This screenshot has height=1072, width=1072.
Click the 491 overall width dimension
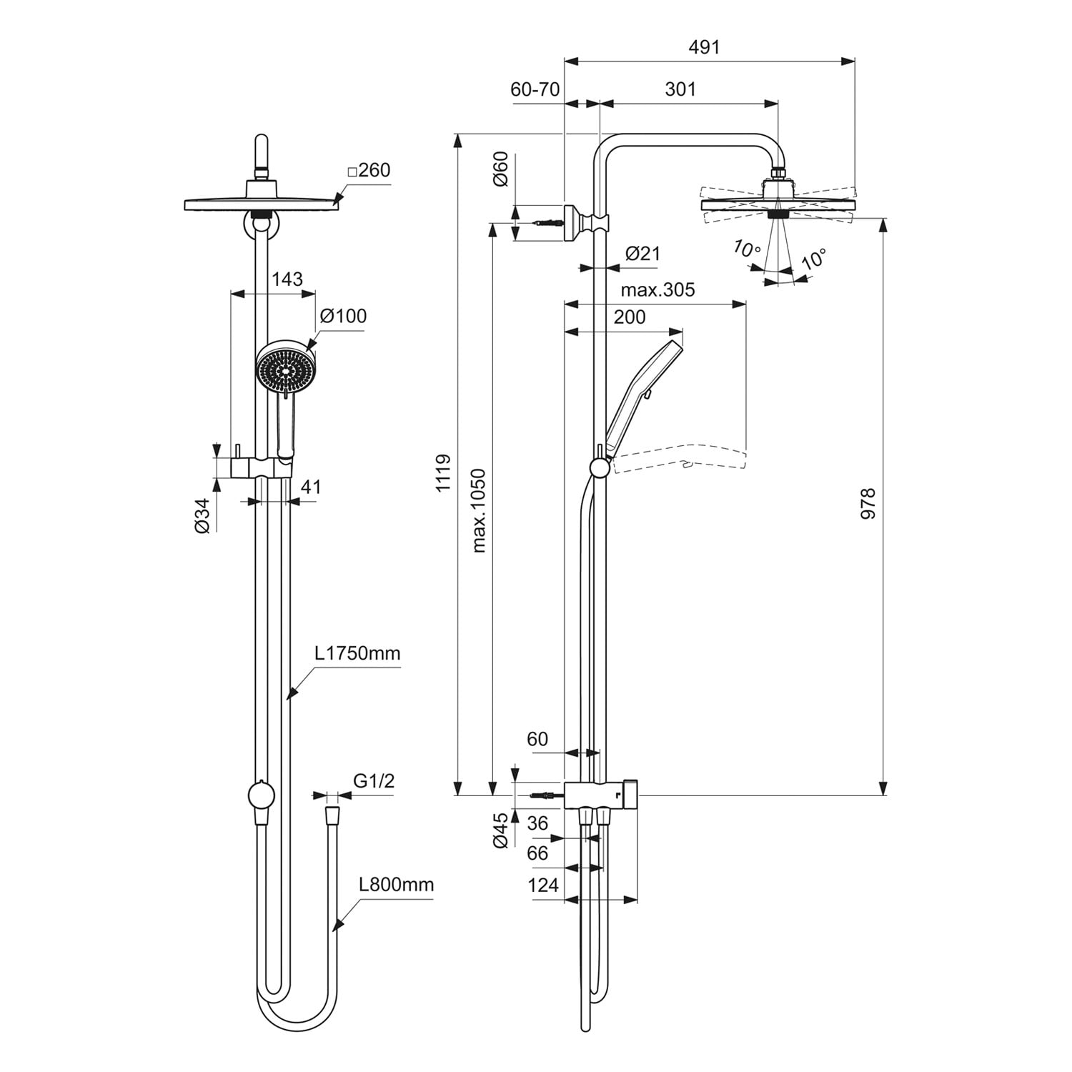[x=704, y=47]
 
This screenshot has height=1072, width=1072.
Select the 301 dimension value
[x=680, y=89]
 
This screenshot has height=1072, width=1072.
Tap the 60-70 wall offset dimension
[x=535, y=89]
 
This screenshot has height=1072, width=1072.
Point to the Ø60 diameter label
[x=500, y=169]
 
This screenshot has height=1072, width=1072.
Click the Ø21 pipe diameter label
[x=642, y=253]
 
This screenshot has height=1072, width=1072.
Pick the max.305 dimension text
[x=657, y=289]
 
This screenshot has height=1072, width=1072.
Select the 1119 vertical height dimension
[x=444, y=472]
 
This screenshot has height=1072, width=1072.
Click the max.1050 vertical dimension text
[x=479, y=510]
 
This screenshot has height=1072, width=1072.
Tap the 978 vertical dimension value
[x=868, y=503]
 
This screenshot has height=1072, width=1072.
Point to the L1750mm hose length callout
[x=358, y=653]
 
